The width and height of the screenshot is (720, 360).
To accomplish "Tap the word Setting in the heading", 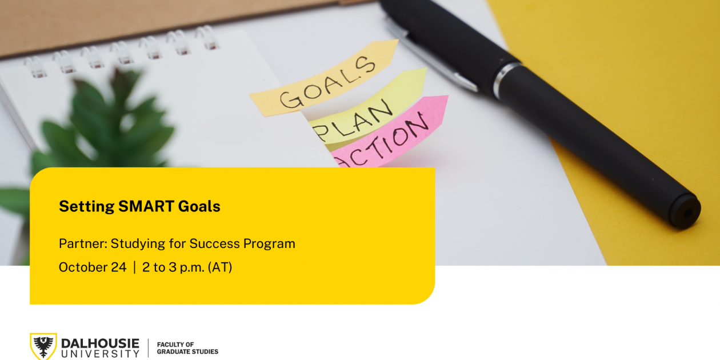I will click(x=86, y=207).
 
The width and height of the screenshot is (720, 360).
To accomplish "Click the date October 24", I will click(x=93, y=267).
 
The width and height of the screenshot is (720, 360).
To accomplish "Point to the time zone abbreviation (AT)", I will click(x=221, y=267).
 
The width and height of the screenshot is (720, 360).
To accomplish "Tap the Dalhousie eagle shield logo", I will click(x=43, y=346).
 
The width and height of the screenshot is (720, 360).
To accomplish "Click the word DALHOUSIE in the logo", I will click(x=100, y=343).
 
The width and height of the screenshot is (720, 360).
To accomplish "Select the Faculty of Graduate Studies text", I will click(x=187, y=348).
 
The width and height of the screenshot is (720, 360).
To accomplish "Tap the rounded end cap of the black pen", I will click(x=685, y=212).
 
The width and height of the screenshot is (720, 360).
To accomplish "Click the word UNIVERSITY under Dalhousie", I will click(x=100, y=354).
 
